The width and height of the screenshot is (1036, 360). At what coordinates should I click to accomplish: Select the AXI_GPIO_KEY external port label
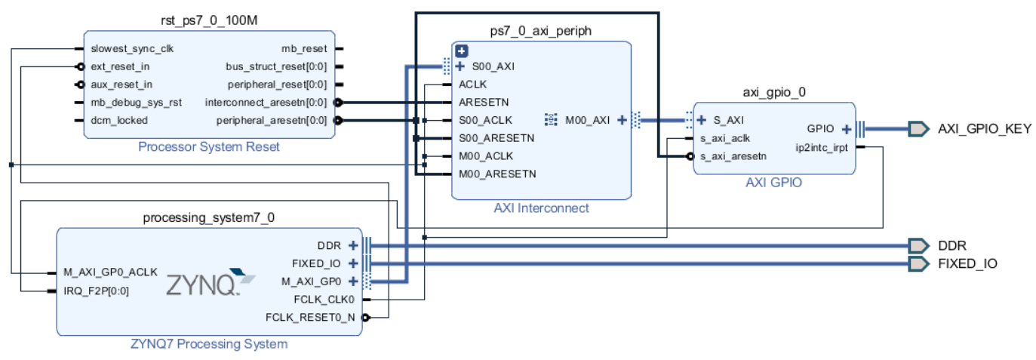[x=984, y=128]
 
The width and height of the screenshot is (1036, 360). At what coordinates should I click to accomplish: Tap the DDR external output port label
[x=952, y=245]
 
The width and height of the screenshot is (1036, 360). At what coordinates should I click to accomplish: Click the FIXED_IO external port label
[x=967, y=263]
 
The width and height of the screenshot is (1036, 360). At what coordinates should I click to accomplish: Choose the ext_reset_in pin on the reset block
[x=120, y=66]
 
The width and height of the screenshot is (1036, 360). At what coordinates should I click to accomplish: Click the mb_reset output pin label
[x=304, y=48]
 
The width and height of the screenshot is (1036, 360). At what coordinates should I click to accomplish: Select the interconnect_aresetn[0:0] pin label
[x=266, y=102]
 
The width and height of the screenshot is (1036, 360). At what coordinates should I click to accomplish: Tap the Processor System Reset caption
[x=209, y=146]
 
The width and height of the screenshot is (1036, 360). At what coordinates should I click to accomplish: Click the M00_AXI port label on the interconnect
[x=588, y=119]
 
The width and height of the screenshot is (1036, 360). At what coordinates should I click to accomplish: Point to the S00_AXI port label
[x=493, y=66]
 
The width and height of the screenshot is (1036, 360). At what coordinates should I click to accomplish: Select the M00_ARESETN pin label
[x=497, y=174]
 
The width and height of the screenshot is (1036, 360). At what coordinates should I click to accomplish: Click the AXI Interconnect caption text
[x=540, y=208]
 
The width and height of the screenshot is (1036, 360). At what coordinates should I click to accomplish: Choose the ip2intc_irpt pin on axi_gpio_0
[x=821, y=147]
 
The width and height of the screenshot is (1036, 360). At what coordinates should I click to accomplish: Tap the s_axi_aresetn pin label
[x=733, y=156]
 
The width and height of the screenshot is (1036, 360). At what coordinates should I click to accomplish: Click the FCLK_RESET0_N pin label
[x=310, y=317]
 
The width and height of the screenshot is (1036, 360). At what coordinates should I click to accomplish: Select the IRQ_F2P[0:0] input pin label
[x=97, y=291]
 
